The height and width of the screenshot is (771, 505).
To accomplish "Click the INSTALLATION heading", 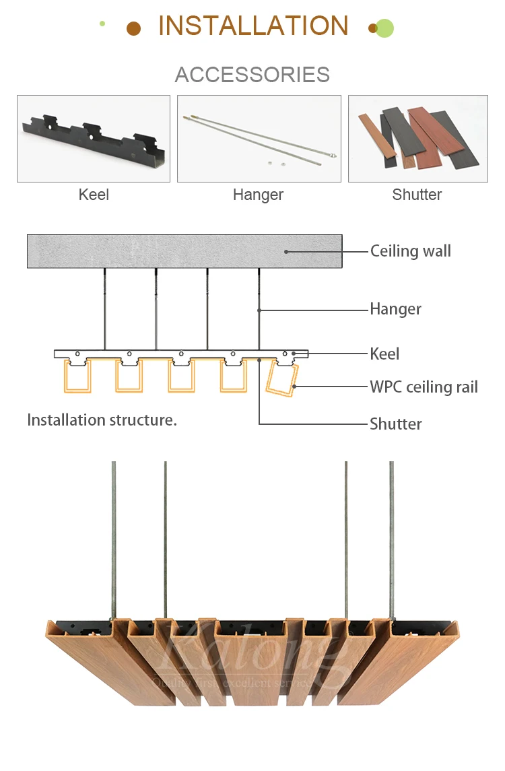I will click(253, 26).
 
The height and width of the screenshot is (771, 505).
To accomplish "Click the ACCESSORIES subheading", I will click(252, 74).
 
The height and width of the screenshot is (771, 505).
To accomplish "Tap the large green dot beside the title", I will click(384, 28).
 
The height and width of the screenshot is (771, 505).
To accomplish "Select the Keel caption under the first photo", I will click(94, 195).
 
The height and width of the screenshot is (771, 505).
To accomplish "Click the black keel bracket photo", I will click(94, 139).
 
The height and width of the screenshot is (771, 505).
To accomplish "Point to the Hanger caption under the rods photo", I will click(258, 195).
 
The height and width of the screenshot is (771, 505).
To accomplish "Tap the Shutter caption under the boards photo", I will click(417, 195).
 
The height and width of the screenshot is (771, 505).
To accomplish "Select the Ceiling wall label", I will click(410, 251).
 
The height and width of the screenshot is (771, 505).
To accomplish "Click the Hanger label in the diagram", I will click(395, 309).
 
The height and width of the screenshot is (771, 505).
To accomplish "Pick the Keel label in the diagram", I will click(384, 354).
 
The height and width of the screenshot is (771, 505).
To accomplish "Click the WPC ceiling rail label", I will click(424, 387).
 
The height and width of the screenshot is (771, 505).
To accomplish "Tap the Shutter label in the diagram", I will click(395, 424).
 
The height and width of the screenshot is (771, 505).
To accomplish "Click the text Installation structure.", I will click(102, 420).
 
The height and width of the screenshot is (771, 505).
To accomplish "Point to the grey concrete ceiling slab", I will click(168, 251).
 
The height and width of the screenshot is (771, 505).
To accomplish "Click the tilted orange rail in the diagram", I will click(281, 379).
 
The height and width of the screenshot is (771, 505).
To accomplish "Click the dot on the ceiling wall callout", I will click(286, 252).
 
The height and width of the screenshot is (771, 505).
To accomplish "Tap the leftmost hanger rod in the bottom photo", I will click(114, 539).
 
